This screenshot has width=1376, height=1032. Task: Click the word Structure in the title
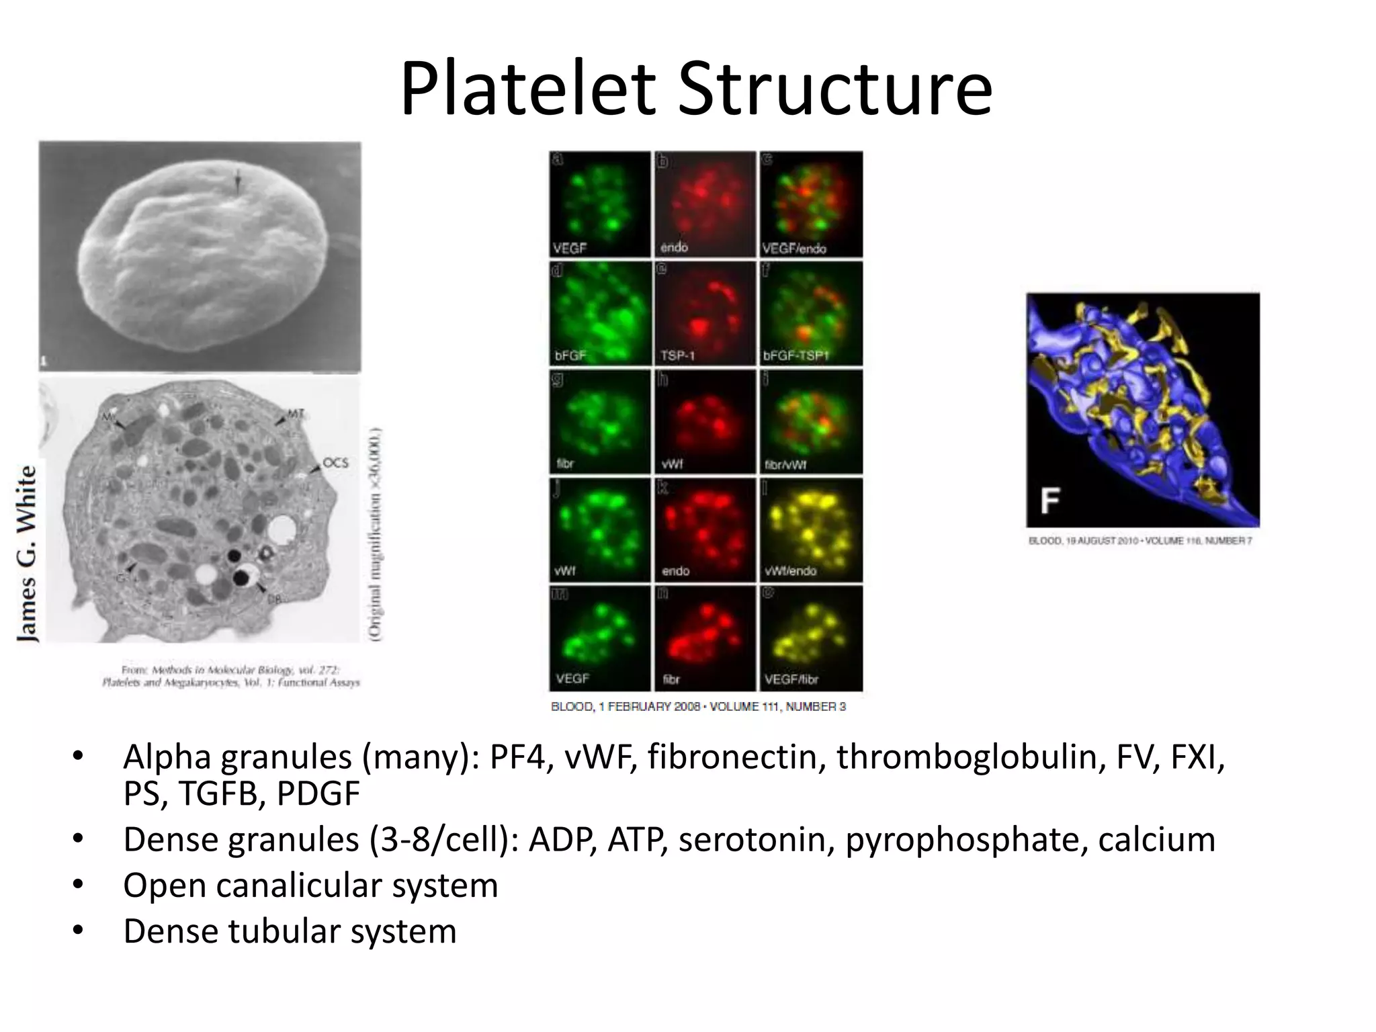pos(834,89)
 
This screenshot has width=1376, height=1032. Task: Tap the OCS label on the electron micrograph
pos(335,463)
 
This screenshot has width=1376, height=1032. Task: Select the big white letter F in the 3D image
pos(1049,501)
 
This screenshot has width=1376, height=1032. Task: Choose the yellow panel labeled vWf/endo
pos(811,530)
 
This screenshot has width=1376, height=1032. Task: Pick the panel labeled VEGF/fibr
pos(811,638)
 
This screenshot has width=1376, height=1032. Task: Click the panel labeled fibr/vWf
pos(811,422)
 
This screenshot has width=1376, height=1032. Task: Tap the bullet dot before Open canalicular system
pos(78,886)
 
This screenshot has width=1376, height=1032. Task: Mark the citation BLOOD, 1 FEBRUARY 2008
pos(698,707)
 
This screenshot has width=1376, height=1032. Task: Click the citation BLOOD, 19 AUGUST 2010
pos(1140,541)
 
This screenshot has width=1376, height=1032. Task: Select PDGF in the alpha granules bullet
pos(318,794)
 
